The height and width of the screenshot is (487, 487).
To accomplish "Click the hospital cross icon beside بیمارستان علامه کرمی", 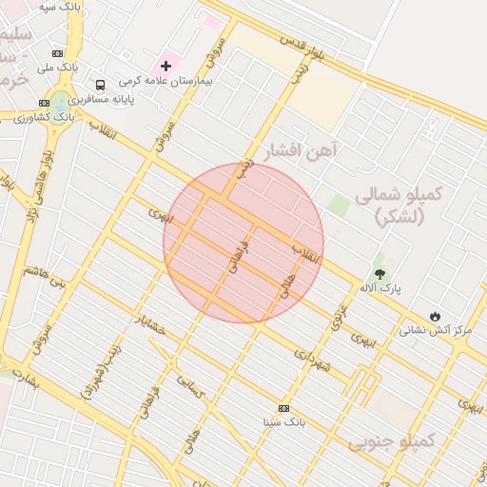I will [166, 66].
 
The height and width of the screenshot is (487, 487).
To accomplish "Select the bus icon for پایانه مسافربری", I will [101, 85].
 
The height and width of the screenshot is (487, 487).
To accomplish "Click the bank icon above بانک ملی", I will [58, 53].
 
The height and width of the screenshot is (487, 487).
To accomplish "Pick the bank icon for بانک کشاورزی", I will [44, 103].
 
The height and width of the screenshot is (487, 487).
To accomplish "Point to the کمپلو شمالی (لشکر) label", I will [399, 205].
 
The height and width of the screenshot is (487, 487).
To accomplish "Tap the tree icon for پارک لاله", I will [380, 274].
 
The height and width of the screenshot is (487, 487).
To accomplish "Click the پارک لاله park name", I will [374, 287].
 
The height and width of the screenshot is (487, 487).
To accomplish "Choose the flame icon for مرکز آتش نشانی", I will [435, 316].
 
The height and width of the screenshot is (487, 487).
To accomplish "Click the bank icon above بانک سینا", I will [283, 407].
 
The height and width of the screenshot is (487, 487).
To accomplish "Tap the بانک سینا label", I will [283, 420].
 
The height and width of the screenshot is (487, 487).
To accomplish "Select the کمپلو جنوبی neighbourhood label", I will [391, 441].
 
